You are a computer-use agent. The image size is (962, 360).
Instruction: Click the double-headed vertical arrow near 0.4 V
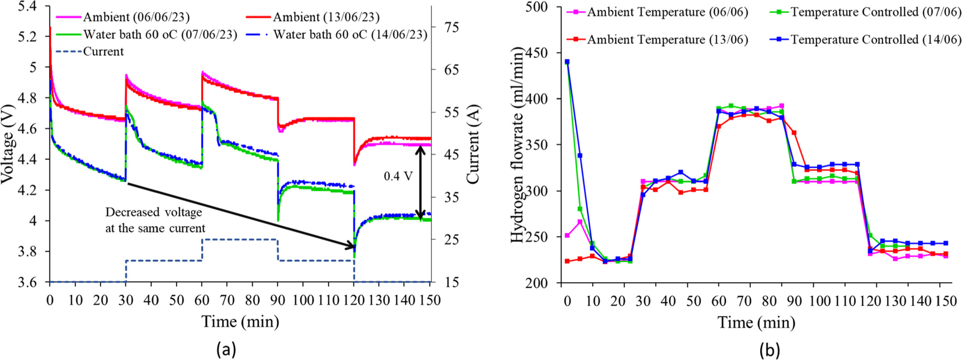point(420,182)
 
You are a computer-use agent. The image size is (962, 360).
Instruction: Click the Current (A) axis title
point(473,144)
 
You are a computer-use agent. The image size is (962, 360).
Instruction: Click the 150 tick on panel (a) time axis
point(430,300)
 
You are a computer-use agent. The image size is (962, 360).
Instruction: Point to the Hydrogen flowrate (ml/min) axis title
point(518,144)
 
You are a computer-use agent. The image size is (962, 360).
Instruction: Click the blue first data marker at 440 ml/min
point(567,61)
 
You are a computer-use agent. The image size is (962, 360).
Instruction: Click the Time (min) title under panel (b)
point(756,322)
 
